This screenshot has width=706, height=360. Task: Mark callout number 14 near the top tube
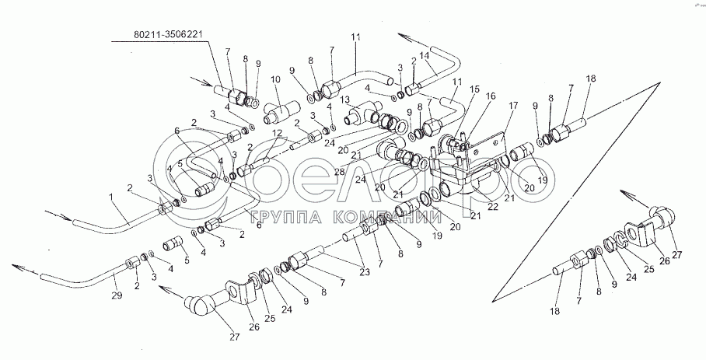coord(425,58)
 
